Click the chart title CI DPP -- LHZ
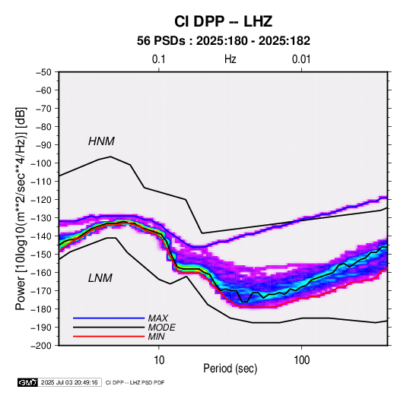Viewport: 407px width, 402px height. (223, 21)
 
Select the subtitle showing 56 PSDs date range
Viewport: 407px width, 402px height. (224, 41)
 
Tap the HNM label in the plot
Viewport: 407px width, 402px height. (101, 141)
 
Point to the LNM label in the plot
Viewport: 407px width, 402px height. (100, 278)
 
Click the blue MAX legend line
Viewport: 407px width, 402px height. (109, 318)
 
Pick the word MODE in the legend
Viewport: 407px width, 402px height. (161, 328)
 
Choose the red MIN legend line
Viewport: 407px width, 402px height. (109, 337)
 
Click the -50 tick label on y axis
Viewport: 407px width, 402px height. (44, 72)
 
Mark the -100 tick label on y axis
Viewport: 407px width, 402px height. (41, 163)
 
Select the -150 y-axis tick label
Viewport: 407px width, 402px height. (41, 255)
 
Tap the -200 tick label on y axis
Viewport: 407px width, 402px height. (41, 346)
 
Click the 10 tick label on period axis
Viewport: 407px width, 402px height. (159, 360)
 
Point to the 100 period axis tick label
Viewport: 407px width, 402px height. (301, 360)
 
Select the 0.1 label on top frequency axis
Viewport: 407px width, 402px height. (158, 59)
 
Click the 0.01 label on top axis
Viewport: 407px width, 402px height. (301, 59)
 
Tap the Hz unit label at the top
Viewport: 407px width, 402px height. (231, 59)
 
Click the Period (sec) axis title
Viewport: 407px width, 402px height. (231, 369)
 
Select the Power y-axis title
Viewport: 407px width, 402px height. (21, 208)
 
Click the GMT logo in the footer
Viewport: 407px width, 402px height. (27, 382)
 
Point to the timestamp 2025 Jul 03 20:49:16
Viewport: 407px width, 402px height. (69, 382)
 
